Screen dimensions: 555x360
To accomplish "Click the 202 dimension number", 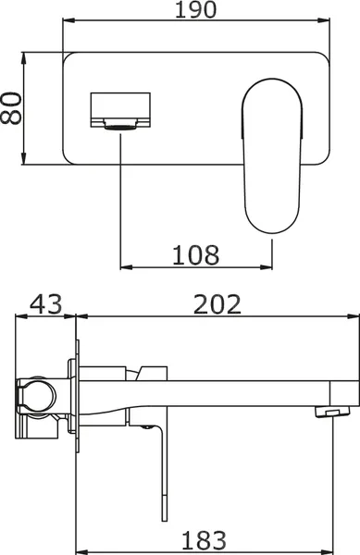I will coord(216,303).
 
